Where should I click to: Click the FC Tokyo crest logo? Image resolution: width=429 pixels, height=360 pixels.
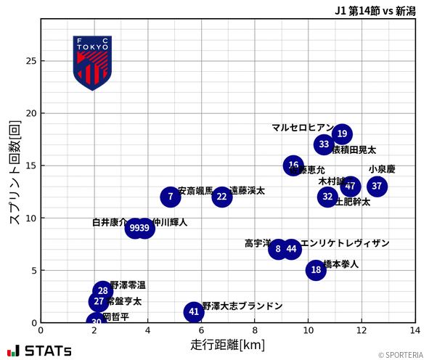tap(92, 62)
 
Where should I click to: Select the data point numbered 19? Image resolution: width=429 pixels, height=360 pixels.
tap(342, 134)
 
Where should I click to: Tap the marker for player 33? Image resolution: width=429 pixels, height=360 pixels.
tap(324, 144)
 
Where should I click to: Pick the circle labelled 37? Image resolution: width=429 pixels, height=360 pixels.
tap(377, 187)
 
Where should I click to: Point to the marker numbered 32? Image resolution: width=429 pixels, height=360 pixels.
tap(327, 197)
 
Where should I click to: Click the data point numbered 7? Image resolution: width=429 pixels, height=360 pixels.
tap(171, 197)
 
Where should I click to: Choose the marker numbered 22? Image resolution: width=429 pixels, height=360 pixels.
tap(221, 197)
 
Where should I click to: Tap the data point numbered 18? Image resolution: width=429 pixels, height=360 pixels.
tap(316, 270)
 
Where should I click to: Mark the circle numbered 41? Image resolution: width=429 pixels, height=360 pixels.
tap(193, 312)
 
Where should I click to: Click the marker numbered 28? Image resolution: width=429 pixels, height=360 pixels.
tap(103, 291)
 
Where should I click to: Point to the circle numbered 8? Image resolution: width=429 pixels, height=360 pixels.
tap(278, 249)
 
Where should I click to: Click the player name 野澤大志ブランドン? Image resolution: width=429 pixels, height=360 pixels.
tap(242, 306)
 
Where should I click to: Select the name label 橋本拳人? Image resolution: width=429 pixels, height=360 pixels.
tap(340, 264)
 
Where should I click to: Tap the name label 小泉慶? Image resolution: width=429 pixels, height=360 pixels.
tap(382, 169)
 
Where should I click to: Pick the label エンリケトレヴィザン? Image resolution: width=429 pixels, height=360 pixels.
tap(345, 243)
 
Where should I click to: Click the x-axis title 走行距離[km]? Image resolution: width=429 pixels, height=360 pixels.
tap(227, 343)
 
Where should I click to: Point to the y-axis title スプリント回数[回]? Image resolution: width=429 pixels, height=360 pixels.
tap(14, 172)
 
